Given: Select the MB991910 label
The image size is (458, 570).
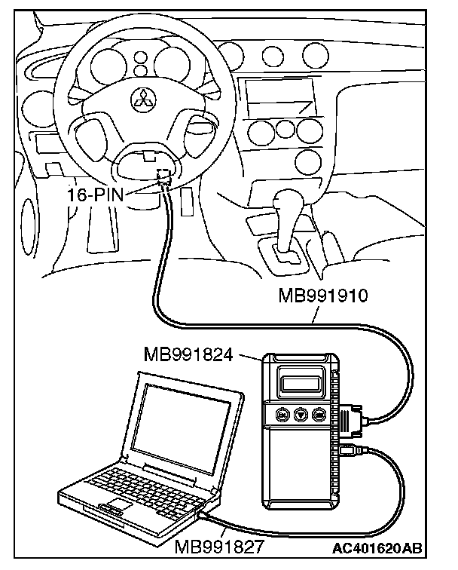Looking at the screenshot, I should point(322,294).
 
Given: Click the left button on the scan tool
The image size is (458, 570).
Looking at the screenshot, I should point(282,414).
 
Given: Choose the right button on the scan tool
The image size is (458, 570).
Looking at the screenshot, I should point(319,414).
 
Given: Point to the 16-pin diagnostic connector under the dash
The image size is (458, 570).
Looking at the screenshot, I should point(163,178).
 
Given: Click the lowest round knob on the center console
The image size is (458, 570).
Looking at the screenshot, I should point(307,160).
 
